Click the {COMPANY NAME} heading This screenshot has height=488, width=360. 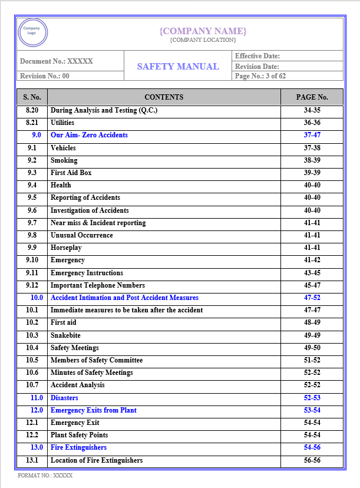pos(203,31)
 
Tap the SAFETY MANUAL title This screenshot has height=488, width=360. pos(178,66)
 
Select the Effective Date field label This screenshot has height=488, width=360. pos(257,56)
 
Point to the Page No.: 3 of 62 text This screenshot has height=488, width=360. pos(260,76)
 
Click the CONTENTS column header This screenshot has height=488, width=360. pos(164,97)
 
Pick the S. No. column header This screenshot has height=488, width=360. pos(32,97)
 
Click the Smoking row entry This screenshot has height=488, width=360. pos(64,160)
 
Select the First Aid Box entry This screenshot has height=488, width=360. pos(71,173)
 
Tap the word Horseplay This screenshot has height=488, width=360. pos(67,248)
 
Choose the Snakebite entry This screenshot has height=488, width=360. pos(65,335)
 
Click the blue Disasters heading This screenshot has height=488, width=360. pos(64,398)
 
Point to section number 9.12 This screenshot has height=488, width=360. pos(32,285)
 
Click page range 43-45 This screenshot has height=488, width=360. pos(312,273)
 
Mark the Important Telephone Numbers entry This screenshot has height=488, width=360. pos(97,285)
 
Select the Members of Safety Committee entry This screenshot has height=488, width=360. pos(97,360)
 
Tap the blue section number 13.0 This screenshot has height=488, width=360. pos(37,448)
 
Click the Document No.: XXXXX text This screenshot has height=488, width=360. pos(57,61)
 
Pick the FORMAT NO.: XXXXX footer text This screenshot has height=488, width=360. pos(45,475)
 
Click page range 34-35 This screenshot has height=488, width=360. pos(312,110)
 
